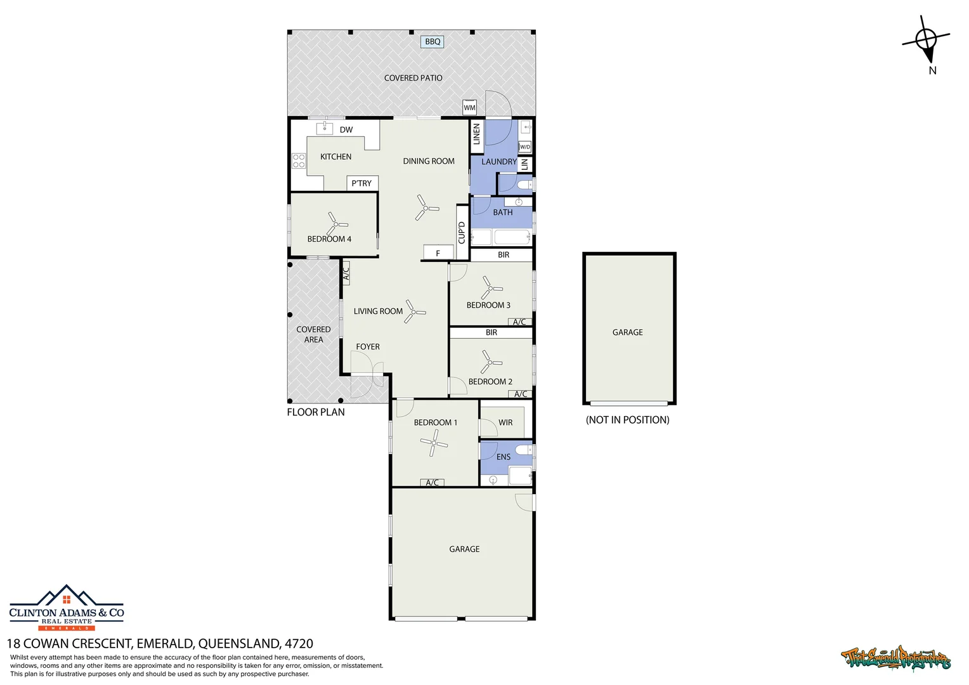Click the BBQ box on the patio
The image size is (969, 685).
pos(432,42)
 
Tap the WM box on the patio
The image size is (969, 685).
pos(469,107)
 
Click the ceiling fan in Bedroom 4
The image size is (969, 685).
pos(336,224)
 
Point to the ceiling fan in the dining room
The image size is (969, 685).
pos(426,208)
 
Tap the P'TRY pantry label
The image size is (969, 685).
pos(361,183)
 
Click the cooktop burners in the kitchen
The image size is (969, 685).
pos(299,160)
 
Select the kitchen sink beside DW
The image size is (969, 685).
pos(325,129)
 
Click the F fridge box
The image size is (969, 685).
pos(438,253)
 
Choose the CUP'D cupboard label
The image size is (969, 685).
pos(462,232)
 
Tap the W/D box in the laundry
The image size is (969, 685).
pos(524,147)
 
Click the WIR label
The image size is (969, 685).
pos(505,422)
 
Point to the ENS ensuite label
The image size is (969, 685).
pos(504,457)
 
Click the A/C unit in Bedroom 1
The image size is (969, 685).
pos(432,483)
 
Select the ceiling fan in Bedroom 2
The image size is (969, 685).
pos(490,363)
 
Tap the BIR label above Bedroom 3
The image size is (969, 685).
pos(504,255)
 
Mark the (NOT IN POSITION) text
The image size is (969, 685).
pos(627,420)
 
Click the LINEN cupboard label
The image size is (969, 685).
pos(477,134)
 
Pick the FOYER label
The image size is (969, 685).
pos(368,347)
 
